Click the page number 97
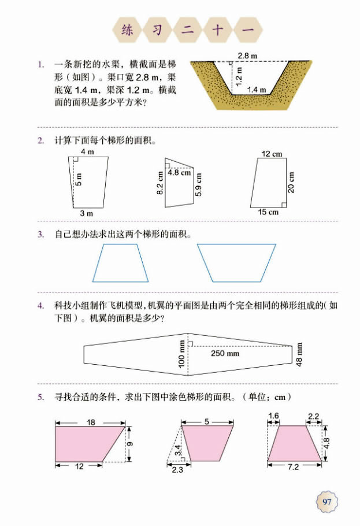pyautogui.click(x=328, y=501)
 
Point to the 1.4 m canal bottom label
pyautogui.click(x=256, y=90)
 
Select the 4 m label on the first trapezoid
pyautogui.click(x=87, y=152)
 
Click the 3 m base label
pyautogui.click(x=86, y=213)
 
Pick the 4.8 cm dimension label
pyautogui.click(x=179, y=172)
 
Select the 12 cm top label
pyautogui.click(x=271, y=154)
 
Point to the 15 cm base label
pyautogui.click(x=268, y=212)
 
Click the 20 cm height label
pyautogui.click(x=292, y=182)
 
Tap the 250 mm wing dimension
pyautogui.click(x=225, y=353)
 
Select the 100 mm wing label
pyautogui.click(x=182, y=354)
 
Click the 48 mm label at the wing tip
pyautogui.click(x=299, y=354)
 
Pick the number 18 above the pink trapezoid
pyautogui.click(x=91, y=422)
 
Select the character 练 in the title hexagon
pyautogui.click(x=127, y=31)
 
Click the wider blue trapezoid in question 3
pyautogui.click(x=236, y=262)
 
